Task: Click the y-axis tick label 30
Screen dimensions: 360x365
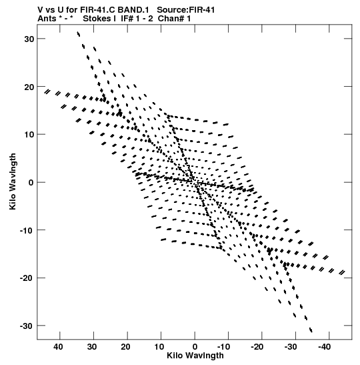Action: [29, 39]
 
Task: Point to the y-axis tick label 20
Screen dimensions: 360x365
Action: [29, 87]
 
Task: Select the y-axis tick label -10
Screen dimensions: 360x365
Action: [27, 230]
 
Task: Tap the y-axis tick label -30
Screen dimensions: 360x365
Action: [27, 326]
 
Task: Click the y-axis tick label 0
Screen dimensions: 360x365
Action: [31, 183]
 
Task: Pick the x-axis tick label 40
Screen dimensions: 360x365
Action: [58, 347]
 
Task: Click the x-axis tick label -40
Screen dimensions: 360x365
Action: [325, 347]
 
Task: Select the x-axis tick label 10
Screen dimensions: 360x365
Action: [159, 347]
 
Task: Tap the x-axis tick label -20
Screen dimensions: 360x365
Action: [257, 347]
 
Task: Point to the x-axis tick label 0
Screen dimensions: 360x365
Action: [195, 347]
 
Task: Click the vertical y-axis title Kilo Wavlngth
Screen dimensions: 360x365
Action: [13, 181]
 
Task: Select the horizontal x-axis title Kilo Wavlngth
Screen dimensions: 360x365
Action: [195, 356]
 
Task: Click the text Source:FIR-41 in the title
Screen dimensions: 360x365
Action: [186, 10]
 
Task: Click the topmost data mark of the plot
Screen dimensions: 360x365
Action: [79, 34]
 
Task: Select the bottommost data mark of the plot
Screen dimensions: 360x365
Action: [311, 330]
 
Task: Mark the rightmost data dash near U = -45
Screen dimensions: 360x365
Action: [342, 272]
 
